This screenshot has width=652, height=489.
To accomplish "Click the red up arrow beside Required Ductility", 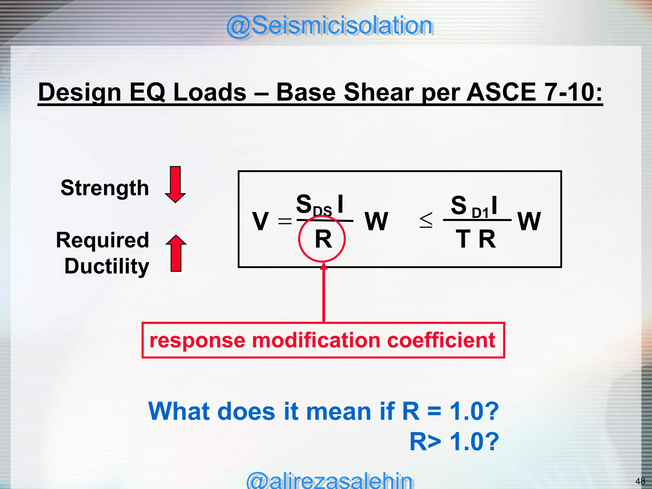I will pyautogui.click(x=176, y=253).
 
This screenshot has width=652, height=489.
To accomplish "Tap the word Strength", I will pyautogui.click(x=105, y=188).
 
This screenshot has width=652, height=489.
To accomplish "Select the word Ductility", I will pyautogui.click(x=107, y=266).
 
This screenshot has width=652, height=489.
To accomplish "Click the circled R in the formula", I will pyautogui.click(x=322, y=239).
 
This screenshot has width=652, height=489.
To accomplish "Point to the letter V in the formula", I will pyautogui.click(x=260, y=221).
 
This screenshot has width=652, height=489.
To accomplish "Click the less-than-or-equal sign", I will pyautogui.click(x=426, y=220).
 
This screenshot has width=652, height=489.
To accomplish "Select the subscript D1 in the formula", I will pyautogui.click(x=480, y=213).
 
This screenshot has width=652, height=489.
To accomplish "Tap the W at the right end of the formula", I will pyautogui.click(x=529, y=221).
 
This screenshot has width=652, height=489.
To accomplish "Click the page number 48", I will pyautogui.click(x=640, y=481).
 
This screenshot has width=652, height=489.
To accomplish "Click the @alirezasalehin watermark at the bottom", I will pyautogui.click(x=329, y=481).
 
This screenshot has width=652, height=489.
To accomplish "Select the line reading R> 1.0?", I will pyautogui.click(x=454, y=442).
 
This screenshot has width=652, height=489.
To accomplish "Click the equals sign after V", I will pyautogui.click(x=285, y=221).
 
